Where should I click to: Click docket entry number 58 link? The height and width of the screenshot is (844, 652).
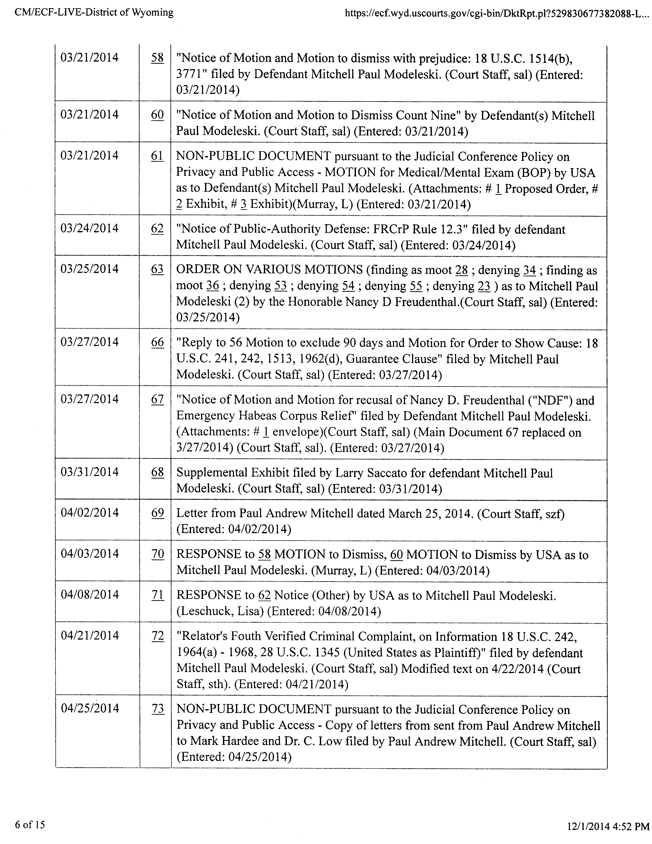coord(157,58)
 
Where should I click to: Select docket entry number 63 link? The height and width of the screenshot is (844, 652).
coord(157,269)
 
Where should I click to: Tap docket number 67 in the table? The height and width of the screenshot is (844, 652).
coord(157,399)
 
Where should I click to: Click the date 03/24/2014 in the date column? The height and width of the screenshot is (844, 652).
coord(89,228)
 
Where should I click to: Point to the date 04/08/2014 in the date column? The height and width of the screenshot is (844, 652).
coord(89,594)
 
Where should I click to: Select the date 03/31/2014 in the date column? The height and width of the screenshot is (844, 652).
coord(89,472)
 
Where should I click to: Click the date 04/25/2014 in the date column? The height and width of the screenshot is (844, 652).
coord(89,708)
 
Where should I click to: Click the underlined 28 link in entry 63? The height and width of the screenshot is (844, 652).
coord(462,270)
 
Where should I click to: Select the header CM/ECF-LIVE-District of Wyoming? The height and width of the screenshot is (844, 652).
coord(94,13)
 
